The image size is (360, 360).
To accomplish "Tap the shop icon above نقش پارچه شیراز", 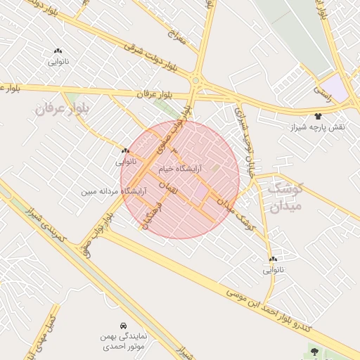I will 319,117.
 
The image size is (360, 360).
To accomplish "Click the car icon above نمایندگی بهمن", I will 124,326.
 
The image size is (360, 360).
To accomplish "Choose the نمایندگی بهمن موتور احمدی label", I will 112,342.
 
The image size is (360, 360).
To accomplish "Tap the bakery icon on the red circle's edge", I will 125,150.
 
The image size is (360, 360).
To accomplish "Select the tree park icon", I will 314,351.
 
